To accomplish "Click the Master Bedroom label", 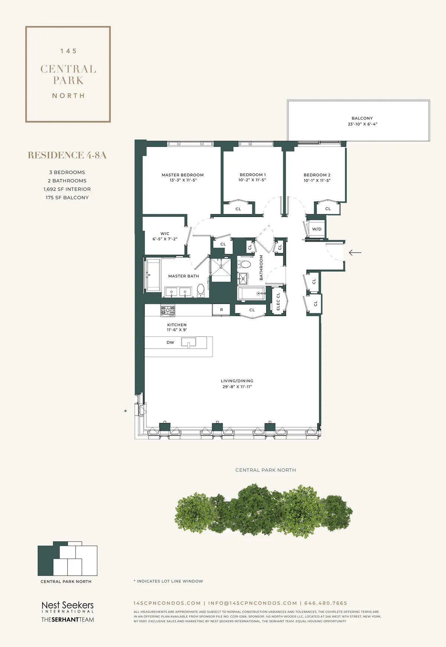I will click(182, 175).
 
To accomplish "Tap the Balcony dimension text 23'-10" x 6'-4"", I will click(362, 124).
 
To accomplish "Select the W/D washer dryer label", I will click(317, 229).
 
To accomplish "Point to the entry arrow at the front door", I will click(355, 253).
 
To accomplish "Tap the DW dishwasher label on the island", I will click(170, 343).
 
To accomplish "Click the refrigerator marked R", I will click(222, 310).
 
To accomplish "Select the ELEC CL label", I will click(278, 302).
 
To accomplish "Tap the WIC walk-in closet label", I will click(165, 234).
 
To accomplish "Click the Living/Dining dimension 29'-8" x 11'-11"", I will click(237, 387).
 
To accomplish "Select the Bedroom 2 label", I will click(317, 175).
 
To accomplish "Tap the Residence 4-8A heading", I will click(67, 155).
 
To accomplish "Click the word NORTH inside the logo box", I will click(68, 96).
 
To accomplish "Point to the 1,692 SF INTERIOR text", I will click(67, 189).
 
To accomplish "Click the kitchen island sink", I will click(188, 342).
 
